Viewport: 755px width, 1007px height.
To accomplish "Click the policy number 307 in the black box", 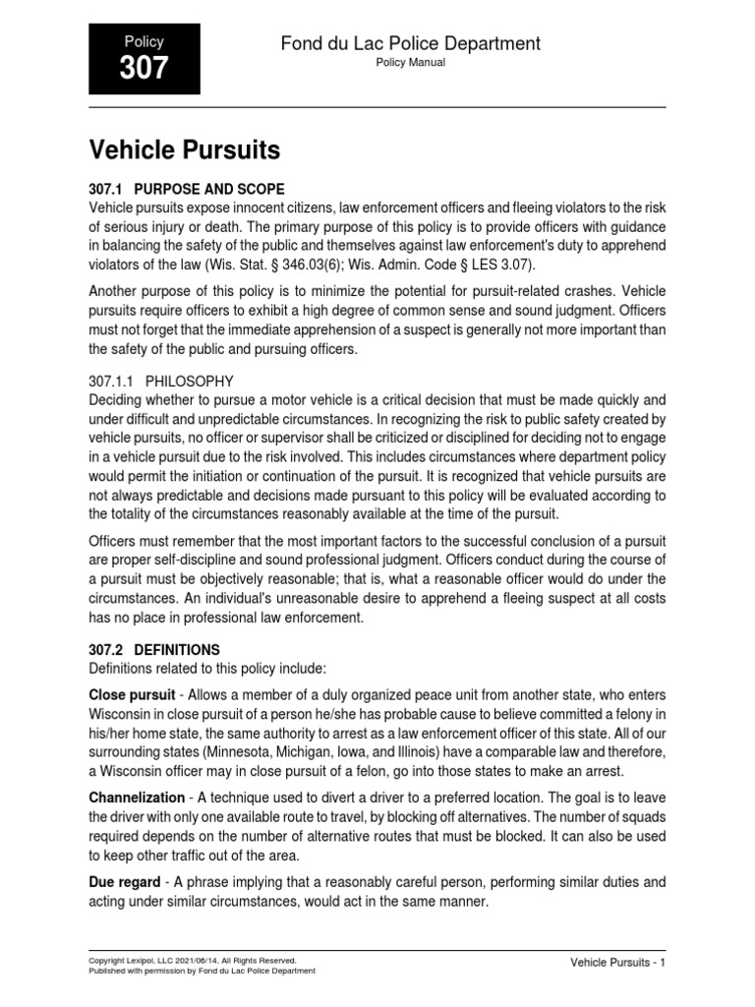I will (144, 68).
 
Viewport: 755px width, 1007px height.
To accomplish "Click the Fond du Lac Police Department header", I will (411, 43).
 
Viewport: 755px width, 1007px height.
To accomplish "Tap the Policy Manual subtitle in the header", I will (411, 62).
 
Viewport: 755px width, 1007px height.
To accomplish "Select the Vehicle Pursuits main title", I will (185, 150).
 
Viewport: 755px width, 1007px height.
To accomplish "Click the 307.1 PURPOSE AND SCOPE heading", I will (187, 189).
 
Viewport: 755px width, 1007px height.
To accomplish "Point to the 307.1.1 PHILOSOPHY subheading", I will (162, 381).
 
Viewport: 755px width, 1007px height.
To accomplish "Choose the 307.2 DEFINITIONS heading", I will (155, 650).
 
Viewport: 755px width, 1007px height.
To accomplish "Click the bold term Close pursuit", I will (134, 694).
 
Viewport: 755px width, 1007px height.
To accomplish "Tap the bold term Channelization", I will (137, 798).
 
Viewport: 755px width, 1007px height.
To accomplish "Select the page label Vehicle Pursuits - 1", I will (618, 963).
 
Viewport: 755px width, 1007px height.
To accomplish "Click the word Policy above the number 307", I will (144, 41).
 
